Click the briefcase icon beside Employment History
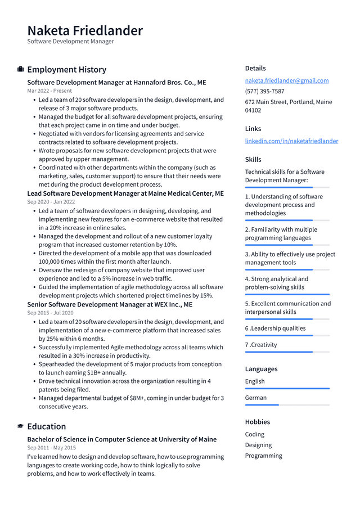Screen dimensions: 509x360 pyautogui.click(x=21, y=69)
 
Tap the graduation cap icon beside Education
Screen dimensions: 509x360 pyautogui.click(x=21, y=426)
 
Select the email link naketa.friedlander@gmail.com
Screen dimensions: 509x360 pyautogui.click(x=287, y=80)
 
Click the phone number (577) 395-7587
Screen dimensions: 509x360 pyautogui.click(x=264, y=91)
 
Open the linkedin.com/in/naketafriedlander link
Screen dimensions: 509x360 pyautogui.click(x=291, y=141)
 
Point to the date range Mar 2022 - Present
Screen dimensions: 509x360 pyautogui.click(x=49, y=91)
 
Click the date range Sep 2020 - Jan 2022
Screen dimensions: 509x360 pyautogui.click(x=51, y=201)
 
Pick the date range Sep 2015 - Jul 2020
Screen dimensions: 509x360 pyautogui.click(x=51, y=313)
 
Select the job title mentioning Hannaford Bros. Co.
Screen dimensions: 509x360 pyautogui.click(x=116, y=82)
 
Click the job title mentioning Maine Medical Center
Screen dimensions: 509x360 pyautogui.click(x=125, y=193)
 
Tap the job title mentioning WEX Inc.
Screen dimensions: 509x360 pyautogui.click(x=110, y=304)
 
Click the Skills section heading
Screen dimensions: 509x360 pyautogui.click(x=253, y=160)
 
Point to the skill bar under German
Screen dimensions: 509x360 pyautogui.click(x=262, y=405)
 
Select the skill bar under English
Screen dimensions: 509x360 pyautogui.click(x=287, y=389)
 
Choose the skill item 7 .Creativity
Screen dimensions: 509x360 pyautogui.click(x=261, y=345)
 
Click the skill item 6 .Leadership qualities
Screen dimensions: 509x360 pyautogui.click(x=275, y=328)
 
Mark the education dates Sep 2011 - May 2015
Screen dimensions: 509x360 pyautogui.click(x=51, y=448)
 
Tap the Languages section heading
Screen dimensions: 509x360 pyautogui.click(x=261, y=369)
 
